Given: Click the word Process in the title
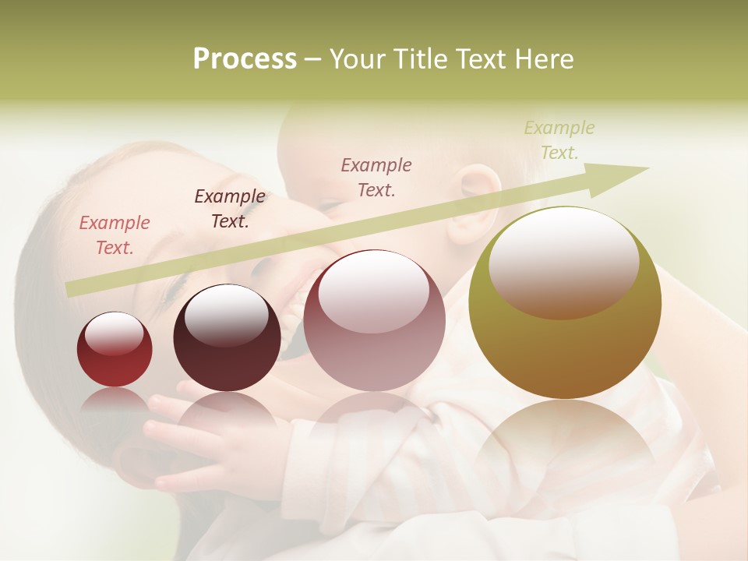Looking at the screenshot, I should pos(245,58).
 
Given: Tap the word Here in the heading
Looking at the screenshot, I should pos(545,58).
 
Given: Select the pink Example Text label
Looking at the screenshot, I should pos(114,235).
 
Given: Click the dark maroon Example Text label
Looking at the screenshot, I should pos(229,209).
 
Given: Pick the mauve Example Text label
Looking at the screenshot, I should pos(376,177).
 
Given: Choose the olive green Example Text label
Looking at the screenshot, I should pos(559,140).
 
